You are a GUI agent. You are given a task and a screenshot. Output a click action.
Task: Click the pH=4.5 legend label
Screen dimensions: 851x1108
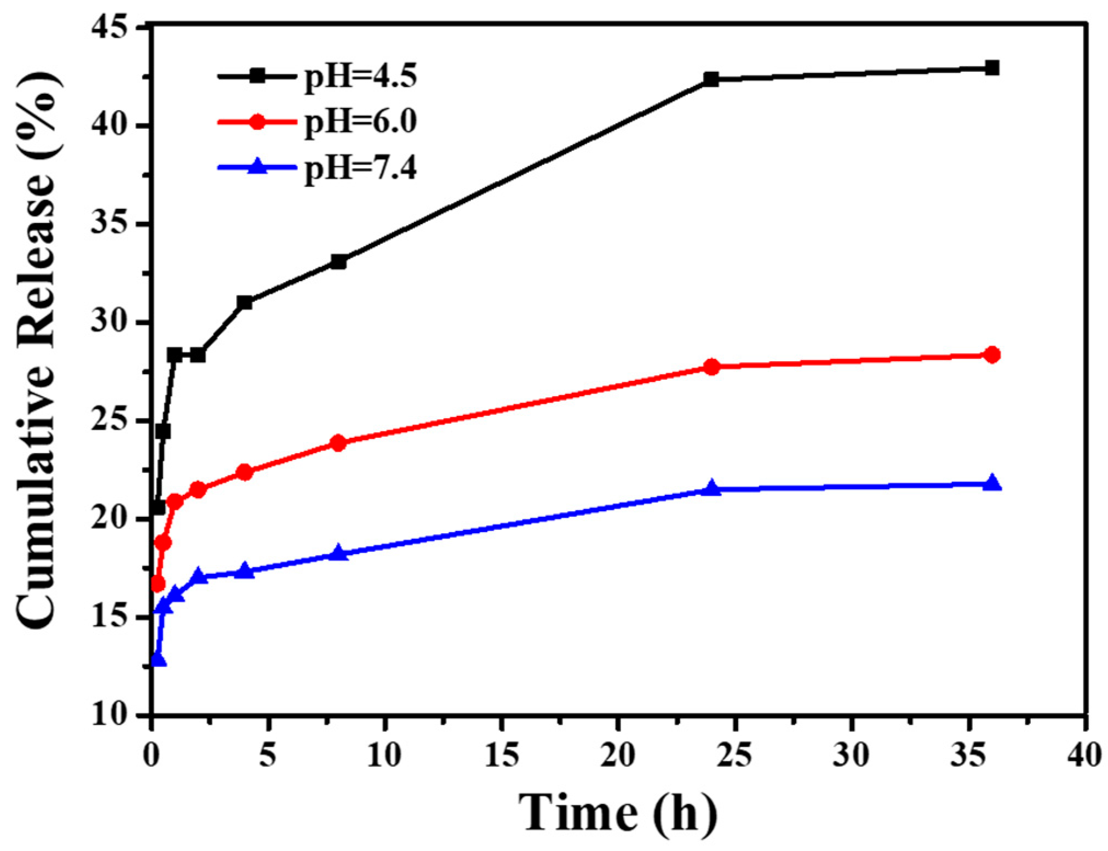click(360, 76)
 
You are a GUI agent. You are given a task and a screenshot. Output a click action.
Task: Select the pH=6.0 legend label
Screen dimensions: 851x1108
click(360, 122)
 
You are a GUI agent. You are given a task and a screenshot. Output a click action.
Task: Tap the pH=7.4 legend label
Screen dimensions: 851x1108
click(360, 168)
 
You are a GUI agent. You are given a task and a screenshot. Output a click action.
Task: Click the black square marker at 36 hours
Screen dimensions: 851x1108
click(991, 68)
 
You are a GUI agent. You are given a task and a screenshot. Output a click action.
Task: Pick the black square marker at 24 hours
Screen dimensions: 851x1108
click(711, 79)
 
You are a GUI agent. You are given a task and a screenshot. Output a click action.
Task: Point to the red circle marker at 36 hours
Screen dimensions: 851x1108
click(991, 355)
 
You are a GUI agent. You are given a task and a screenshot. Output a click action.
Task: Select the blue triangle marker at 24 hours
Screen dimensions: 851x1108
click(711, 488)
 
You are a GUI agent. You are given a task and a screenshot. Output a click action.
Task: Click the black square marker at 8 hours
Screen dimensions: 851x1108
click(338, 262)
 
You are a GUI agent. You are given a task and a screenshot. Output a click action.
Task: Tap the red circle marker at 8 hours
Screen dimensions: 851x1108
click(338, 443)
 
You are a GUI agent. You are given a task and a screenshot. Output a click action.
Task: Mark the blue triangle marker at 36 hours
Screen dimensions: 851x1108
click(991, 483)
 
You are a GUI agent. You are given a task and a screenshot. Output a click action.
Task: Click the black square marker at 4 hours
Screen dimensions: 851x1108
click(245, 302)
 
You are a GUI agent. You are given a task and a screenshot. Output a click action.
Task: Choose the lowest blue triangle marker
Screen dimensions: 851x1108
click(158, 660)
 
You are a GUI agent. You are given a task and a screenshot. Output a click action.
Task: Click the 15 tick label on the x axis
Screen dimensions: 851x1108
click(501, 756)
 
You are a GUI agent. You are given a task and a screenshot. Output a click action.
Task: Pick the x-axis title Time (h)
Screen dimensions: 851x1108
click(617, 813)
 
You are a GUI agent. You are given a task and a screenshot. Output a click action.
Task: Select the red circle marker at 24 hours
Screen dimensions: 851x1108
click(711, 367)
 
